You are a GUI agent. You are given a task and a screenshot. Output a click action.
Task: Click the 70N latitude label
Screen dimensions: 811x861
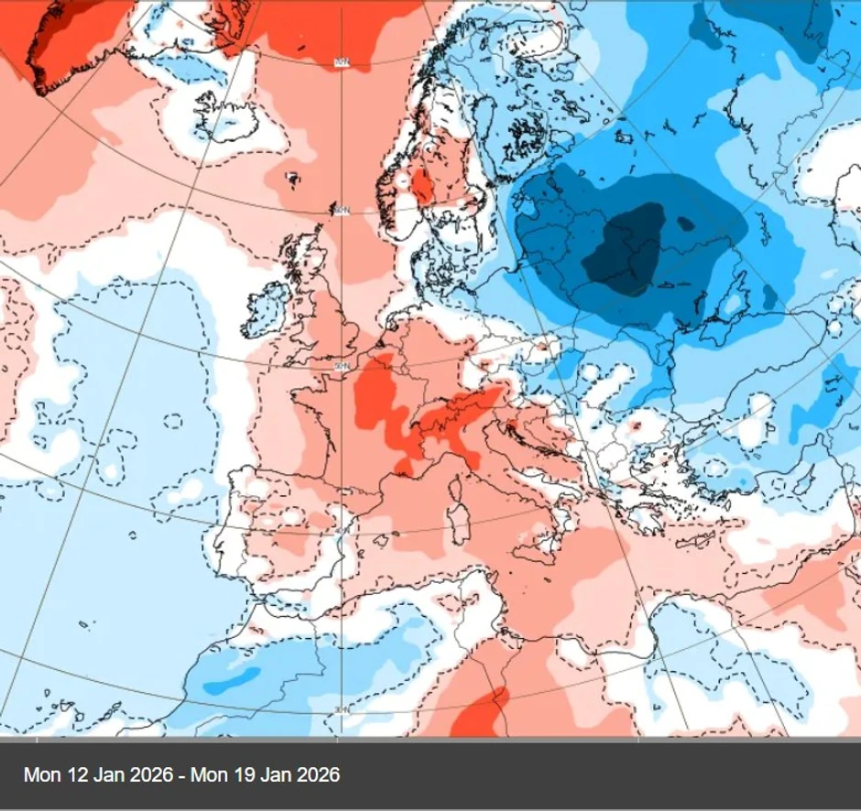[x=342, y=62]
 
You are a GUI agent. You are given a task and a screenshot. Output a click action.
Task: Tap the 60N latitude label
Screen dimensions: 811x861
[x=342, y=211]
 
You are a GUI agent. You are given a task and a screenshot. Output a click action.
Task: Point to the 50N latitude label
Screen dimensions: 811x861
[x=342, y=366]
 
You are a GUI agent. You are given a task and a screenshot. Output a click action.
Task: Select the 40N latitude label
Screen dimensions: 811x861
[x=341, y=532]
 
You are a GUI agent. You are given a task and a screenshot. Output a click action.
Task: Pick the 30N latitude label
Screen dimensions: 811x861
[x=341, y=710]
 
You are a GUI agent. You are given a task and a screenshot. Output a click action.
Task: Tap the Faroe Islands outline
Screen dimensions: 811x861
[x=293, y=178]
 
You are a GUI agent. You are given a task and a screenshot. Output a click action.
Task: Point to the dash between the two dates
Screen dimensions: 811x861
[x=182, y=775]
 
